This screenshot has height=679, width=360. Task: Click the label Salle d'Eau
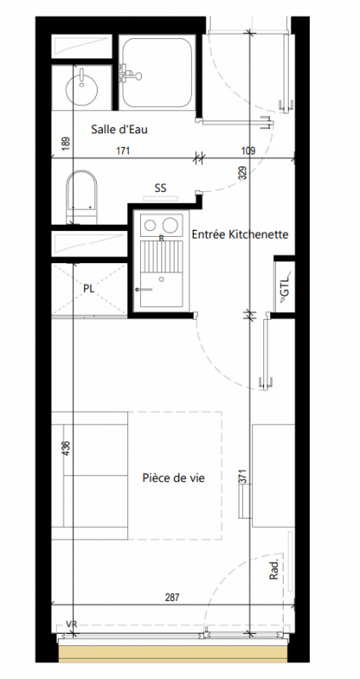click(x=119, y=129)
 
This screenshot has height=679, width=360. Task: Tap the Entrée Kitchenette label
click(x=240, y=235)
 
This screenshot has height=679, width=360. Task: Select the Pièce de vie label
click(x=174, y=478)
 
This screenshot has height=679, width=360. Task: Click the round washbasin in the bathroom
click(x=82, y=89)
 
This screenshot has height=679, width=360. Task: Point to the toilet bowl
click(x=82, y=195)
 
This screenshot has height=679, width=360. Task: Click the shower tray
click(x=156, y=72)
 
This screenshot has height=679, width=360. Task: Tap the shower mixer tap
click(x=130, y=74)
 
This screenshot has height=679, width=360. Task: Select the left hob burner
click(x=150, y=225)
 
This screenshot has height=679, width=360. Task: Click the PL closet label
click(x=89, y=289)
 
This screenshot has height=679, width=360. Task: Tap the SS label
click(x=160, y=188)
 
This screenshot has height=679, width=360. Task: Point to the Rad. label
click(x=273, y=570)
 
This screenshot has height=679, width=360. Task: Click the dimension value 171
click(x=123, y=151)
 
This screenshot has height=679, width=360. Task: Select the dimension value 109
click(x=248, y=151)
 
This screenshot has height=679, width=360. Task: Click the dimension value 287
click(x=172, y=598)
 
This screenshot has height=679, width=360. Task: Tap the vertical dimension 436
click(x=66, y=447)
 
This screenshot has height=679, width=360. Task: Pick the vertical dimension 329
click(x=242, y=173)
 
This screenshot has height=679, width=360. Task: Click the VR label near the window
click(x=71, y=624)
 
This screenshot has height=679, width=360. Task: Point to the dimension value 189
click(x=66, y=143)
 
